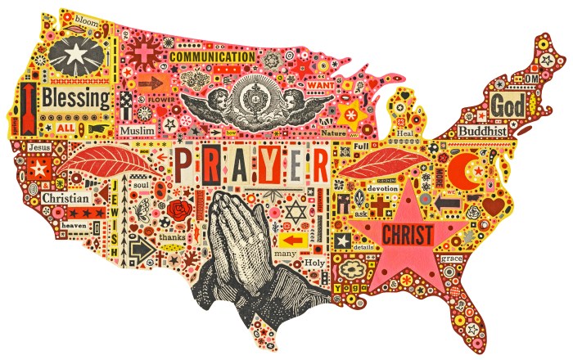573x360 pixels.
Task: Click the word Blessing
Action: tap(76, 100)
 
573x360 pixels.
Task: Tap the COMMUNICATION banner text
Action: tap(213, 57)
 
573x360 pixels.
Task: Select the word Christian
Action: tap(66, 198)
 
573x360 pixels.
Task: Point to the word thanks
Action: tap(172, 237)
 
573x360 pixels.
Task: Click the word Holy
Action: tap(315, 263)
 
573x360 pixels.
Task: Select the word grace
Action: tap(452, 258)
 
